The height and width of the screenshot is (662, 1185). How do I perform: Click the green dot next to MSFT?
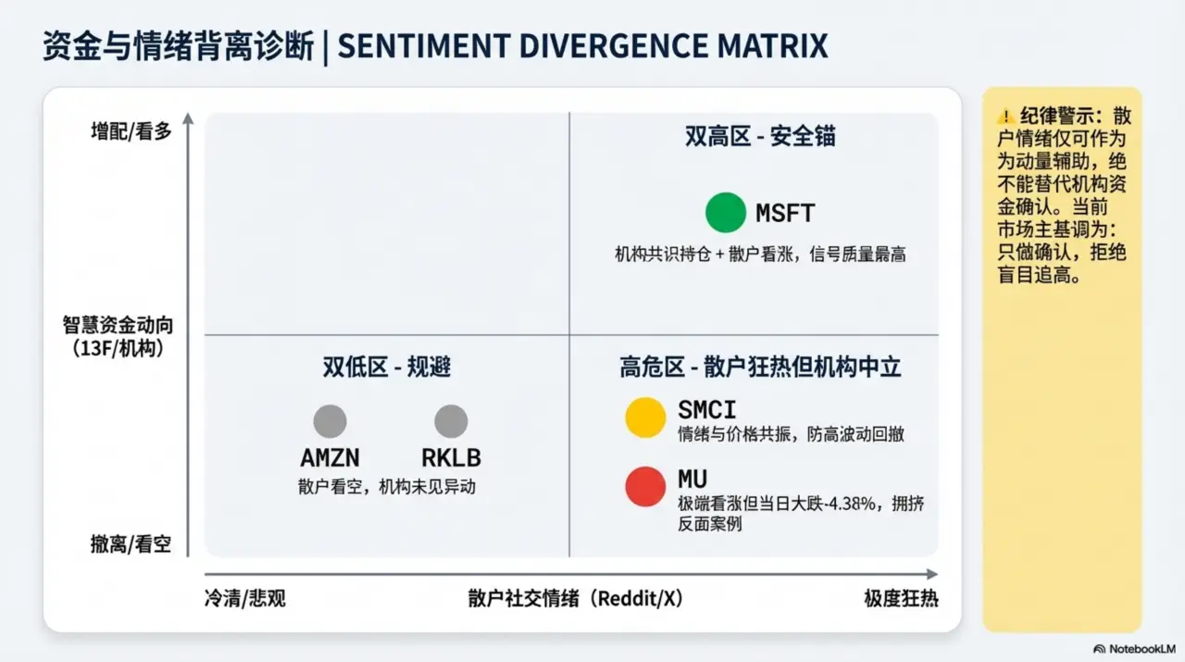[725, 212]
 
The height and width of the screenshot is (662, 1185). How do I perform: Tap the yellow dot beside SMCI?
[645, 417]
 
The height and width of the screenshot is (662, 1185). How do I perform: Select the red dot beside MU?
[645, 486]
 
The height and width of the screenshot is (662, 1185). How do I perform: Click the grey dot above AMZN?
[330, 421]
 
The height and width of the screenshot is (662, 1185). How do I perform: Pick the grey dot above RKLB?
[451, 421]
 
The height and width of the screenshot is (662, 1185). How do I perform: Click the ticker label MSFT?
[785, 213]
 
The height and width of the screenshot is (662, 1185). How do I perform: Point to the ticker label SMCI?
[706, 409]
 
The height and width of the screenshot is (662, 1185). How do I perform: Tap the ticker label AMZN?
[330, 457]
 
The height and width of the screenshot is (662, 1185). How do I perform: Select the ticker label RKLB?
[451, 457]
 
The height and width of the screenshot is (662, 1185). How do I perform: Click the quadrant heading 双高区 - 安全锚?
[760, 136]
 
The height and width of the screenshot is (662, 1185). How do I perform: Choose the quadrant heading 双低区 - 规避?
[387, 367]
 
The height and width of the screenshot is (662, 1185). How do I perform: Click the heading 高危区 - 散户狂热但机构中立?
[760, 367]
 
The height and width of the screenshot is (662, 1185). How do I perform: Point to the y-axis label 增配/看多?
[131, 131]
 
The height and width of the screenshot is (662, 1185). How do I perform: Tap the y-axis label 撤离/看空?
[131, 544]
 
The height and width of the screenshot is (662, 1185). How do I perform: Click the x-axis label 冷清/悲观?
[244, 598]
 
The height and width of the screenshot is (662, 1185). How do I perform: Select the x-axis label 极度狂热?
[901, 598]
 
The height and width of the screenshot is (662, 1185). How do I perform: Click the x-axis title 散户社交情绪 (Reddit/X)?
[575, 598]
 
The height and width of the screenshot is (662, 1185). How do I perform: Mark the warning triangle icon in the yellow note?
[1005, 117]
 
